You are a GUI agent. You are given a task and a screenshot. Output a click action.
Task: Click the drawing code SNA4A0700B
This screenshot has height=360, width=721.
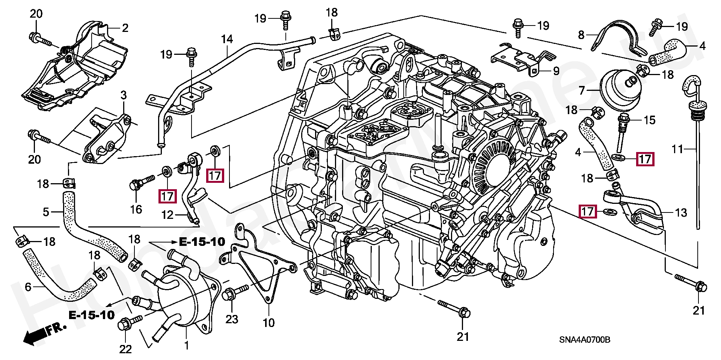(x=584, y=340)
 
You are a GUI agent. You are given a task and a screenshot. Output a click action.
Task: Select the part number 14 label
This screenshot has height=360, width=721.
(x=227, y=39)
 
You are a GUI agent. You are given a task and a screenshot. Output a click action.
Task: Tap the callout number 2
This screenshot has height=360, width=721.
(x=125, y=28)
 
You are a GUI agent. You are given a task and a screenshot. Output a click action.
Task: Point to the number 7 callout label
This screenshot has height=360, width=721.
(x=582, y=90)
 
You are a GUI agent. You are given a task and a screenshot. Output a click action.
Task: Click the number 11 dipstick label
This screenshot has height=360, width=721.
(x=677, y=149)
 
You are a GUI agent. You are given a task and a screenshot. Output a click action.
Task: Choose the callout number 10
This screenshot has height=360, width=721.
(x=268, y=323)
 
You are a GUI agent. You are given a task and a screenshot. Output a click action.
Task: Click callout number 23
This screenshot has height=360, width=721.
(x=232, y=319)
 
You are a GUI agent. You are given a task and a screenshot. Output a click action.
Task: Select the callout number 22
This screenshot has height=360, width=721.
(x=125, y=349)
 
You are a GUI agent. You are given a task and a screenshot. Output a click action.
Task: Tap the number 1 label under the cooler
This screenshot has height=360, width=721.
(x=186, y=345)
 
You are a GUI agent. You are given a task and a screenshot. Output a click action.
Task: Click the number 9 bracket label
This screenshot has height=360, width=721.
(x=556, y=71)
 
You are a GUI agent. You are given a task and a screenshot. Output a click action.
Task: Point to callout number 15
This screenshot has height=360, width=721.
(x=650, y=120)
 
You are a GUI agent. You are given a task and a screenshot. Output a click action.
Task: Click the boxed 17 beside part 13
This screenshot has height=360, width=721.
(x=588, y=212)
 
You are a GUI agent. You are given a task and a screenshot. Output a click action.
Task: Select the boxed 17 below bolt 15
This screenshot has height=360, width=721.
(x=645, y=159)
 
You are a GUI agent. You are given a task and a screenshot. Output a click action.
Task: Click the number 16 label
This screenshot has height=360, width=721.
(x=136, y=209)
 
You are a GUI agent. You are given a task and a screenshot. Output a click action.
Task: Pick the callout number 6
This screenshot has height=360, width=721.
(x=28, y=288)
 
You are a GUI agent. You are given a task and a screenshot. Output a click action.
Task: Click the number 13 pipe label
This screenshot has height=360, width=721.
(x=681, y=213)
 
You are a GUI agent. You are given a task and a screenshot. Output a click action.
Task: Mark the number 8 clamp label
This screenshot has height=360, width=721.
(x=581, y=35)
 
